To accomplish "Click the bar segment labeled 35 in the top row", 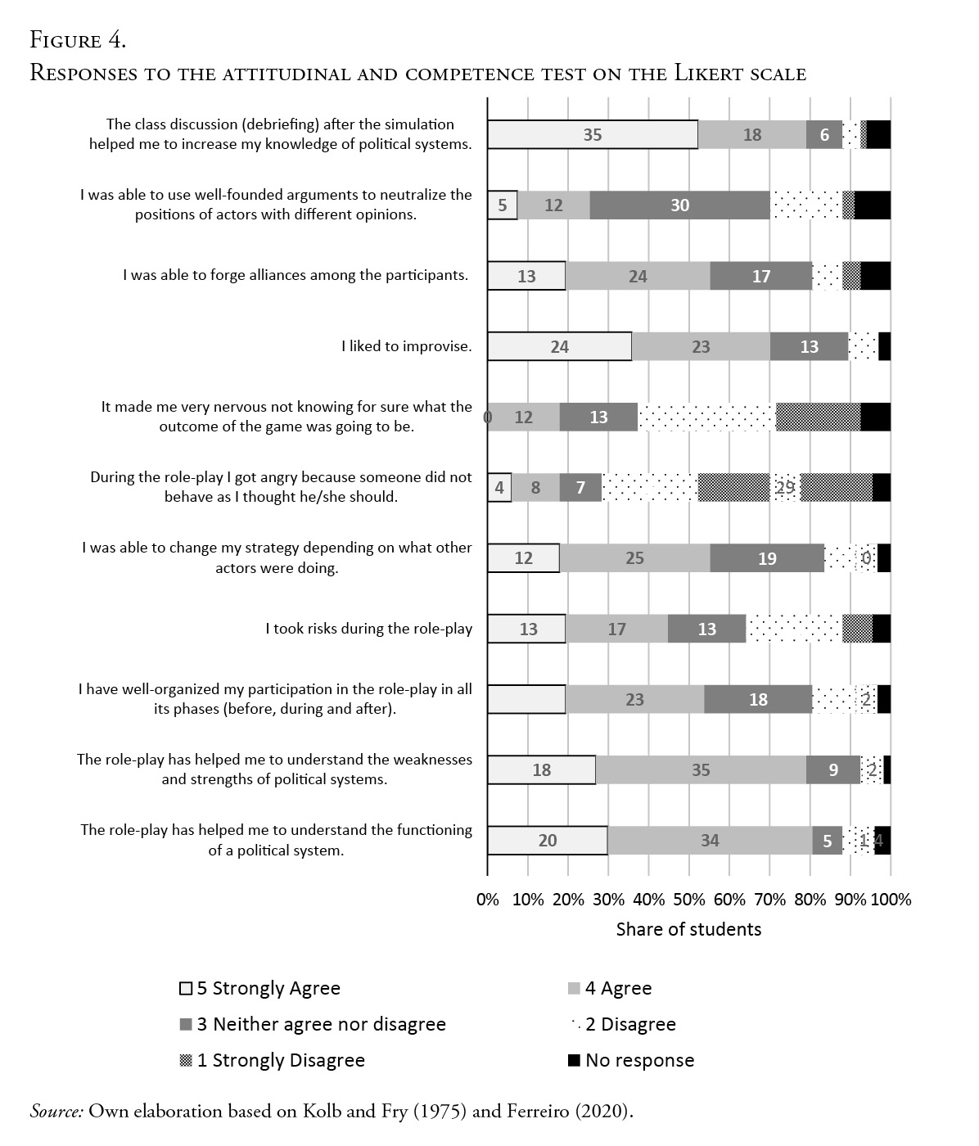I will click(593, 135).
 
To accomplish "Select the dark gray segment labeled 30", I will click(680, 205).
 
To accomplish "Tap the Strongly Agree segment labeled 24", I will click(560, 346).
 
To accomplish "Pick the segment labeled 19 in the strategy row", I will click(767, 558).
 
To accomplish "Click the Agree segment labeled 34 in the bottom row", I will click(710, 841).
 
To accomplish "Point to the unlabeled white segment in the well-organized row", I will click(526, 699).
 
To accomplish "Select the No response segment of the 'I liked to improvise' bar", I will click(885, 346).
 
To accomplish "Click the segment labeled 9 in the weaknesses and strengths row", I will click(833, 769).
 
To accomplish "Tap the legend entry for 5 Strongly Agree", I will click(259, 988).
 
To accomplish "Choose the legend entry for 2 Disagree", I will click(623, 1024).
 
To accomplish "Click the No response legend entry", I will click(631, 1060).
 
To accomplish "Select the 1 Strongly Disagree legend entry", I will click(272, 1060).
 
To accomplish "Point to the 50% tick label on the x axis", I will click(689, 900).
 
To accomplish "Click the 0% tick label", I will click(488, 900).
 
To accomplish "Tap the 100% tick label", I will click(891, 900).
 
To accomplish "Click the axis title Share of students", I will click(688, 929).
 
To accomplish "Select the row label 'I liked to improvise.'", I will click(407, 346).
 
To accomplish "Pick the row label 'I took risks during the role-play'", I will click(368, 629).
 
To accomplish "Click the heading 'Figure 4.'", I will click(78, 39).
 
